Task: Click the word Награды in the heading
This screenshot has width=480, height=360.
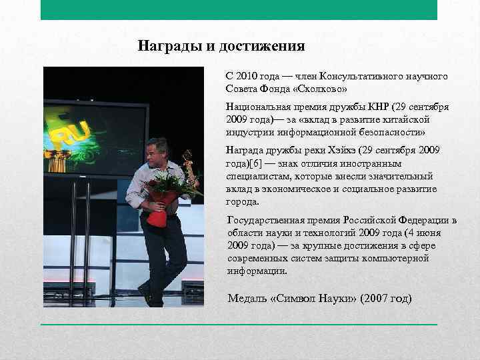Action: click(164, 46)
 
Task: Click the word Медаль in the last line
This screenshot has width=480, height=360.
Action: click(247, 298)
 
